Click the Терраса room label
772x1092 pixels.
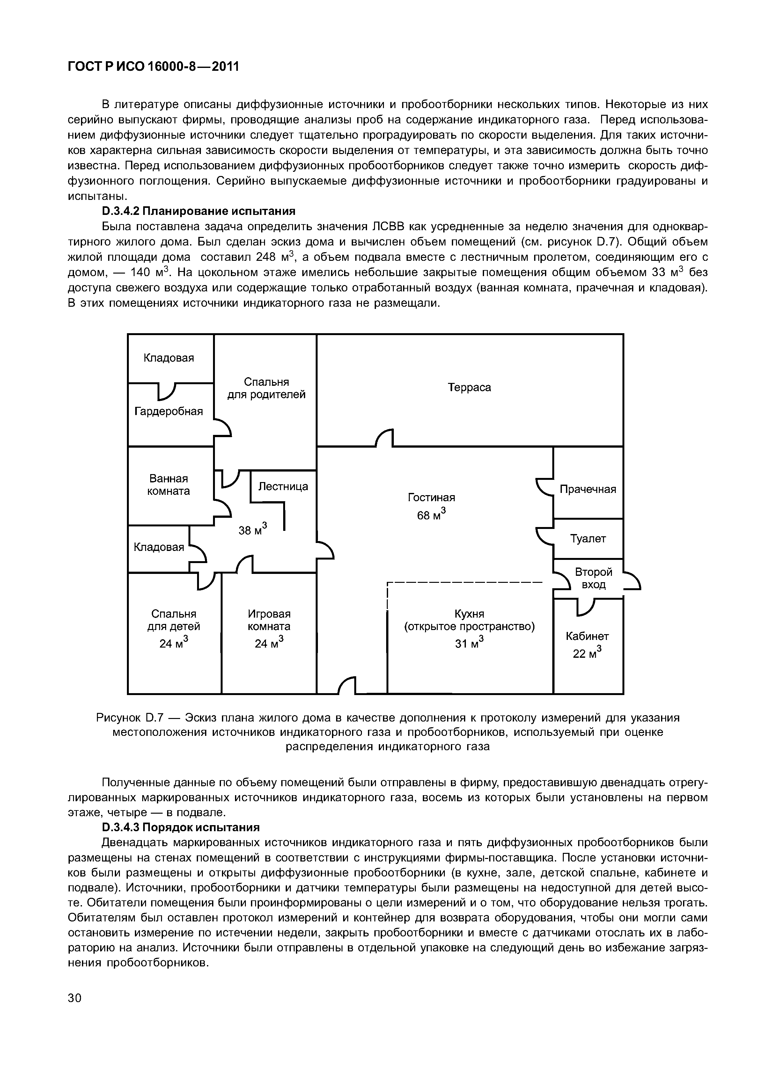[469, 388]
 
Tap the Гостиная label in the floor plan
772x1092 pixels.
[431, 497]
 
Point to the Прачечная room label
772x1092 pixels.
[588, 489]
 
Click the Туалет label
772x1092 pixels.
[588, 539]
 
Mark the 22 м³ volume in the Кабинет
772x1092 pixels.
[587, 653]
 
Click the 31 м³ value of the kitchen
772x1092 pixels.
[469, 643]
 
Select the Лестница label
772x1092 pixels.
[283, 487]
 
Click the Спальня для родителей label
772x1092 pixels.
[266, 389]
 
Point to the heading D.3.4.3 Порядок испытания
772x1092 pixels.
[181, 827]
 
